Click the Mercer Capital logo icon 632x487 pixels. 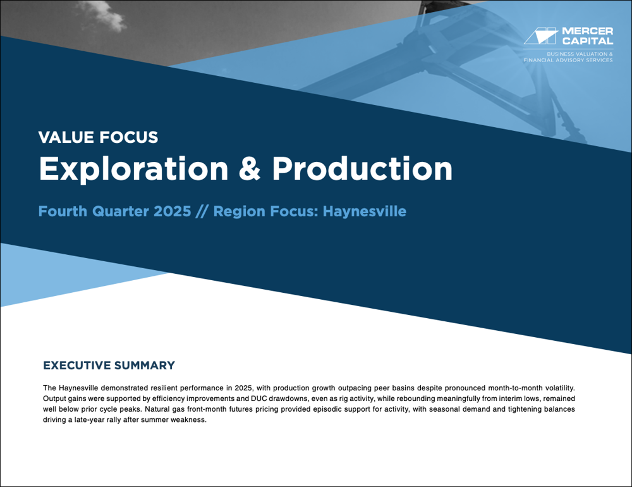click(x=541, y=35)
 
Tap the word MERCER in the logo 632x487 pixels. click(x=587, y=31)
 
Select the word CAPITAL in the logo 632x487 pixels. click(x=587, y=40)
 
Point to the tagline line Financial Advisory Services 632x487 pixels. click(x=568, y=60)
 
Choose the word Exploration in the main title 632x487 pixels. click(x=134, y=169)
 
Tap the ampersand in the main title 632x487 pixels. click(x=250, y=169)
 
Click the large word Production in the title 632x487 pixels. click(x=362, y=169)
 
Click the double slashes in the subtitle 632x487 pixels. click(x=202, y=211)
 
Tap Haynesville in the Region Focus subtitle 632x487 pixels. click(x=365, y=211)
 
